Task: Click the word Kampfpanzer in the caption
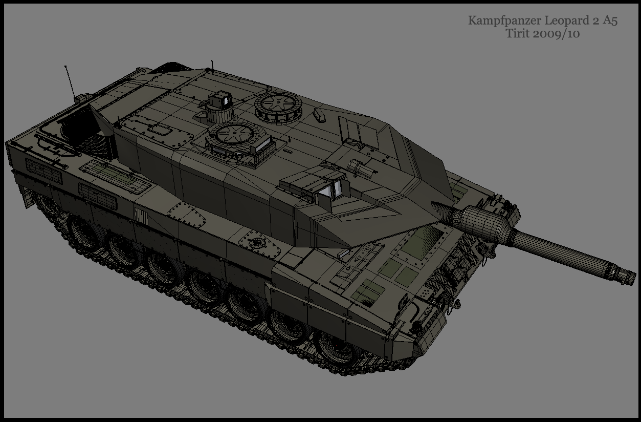504,21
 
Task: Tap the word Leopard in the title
563,20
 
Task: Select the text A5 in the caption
610,20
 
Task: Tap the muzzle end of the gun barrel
630,277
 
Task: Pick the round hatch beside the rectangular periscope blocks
235,135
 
